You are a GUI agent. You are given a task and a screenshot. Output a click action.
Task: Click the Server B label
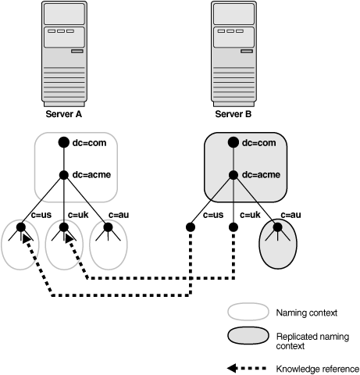pos(235,114)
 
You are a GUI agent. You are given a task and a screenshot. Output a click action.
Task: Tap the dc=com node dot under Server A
pos(65,143)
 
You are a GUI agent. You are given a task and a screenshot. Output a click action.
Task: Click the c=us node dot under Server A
pos(22,227)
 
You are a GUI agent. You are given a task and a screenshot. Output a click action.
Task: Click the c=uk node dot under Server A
pos(66,227)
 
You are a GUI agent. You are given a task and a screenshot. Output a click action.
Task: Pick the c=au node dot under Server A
pos(109,227)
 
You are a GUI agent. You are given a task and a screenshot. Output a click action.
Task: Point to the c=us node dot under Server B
pos(190,227)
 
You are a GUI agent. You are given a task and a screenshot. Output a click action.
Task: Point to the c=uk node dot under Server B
pos(233,227)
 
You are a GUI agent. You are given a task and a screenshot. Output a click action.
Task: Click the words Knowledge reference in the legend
pos(316,368)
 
